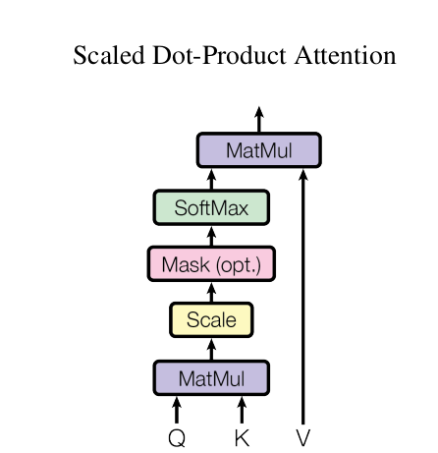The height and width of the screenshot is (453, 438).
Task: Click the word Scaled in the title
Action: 109,55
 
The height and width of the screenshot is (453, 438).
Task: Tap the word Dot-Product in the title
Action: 219,55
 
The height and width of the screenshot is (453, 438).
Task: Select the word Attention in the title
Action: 346,55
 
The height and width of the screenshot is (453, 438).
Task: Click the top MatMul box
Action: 259,150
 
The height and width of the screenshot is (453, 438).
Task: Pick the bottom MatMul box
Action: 211,378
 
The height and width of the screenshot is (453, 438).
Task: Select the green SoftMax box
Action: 211,207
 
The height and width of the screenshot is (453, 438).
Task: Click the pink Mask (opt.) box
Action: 211,264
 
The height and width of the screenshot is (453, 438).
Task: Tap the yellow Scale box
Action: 211,319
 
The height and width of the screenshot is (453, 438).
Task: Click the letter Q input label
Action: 177,438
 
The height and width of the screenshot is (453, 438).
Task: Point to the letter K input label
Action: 243,437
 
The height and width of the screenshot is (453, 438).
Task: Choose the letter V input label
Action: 303,437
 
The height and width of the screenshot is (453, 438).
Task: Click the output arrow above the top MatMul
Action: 259,119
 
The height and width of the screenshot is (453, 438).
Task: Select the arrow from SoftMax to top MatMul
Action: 211,179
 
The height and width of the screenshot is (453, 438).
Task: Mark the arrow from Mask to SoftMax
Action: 211,236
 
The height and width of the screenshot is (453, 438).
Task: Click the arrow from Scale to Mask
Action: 211,292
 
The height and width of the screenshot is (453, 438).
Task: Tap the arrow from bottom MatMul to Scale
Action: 211,349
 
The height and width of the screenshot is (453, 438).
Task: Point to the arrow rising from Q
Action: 177,410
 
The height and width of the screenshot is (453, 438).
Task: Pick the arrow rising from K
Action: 242,410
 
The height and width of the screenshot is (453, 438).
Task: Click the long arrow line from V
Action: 303,297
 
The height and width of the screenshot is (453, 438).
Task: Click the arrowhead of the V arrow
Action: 303,174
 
